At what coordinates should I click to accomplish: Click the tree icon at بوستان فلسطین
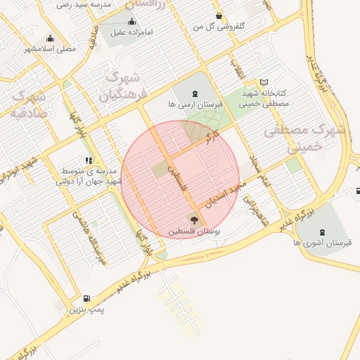[x=194, y=221]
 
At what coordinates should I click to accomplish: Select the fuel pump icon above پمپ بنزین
[x=87, y=299]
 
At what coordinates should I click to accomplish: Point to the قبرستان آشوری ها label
[x=323, y=243]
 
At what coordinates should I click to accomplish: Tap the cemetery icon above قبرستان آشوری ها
[x=323, y=233]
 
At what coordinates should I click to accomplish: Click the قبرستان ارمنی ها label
[x=195, y=104]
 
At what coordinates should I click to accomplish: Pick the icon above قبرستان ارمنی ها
[x=195, y=94]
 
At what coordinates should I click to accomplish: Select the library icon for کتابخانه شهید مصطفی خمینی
[x=264, y=82]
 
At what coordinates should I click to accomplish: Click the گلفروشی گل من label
[x=219, y=26]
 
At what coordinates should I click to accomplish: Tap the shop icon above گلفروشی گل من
[x=219, y=16]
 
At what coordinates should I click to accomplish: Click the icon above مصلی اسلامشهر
[x=50, y=39]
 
